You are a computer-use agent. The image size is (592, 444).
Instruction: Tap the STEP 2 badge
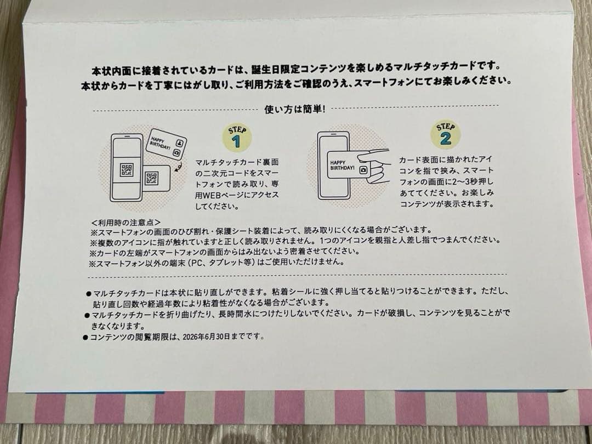tap(446, 134)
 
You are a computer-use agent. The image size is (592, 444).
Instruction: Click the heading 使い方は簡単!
tap(295, 109)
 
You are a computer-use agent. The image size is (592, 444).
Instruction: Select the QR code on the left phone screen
tap(127, 170)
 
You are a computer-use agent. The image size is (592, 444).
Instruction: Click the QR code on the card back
tap(152, 178)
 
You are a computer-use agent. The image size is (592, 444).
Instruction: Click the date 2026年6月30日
tap(206, 337)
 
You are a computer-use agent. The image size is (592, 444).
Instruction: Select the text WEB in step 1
tap(214, 195)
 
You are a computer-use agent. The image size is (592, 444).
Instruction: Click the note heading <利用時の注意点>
tap(126, 223)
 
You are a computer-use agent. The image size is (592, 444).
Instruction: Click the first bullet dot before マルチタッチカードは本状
tap(89, 293)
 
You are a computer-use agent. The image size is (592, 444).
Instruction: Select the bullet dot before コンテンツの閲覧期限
tap(86, 337)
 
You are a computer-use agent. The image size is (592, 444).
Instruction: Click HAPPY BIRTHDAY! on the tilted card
tap(161, 143)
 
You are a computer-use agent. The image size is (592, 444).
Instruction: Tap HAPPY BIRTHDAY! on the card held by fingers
tap(342, 165)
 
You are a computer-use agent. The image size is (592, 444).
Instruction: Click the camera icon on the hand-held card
tap(363, 170)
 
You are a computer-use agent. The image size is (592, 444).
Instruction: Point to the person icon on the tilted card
tap(179, 143)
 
